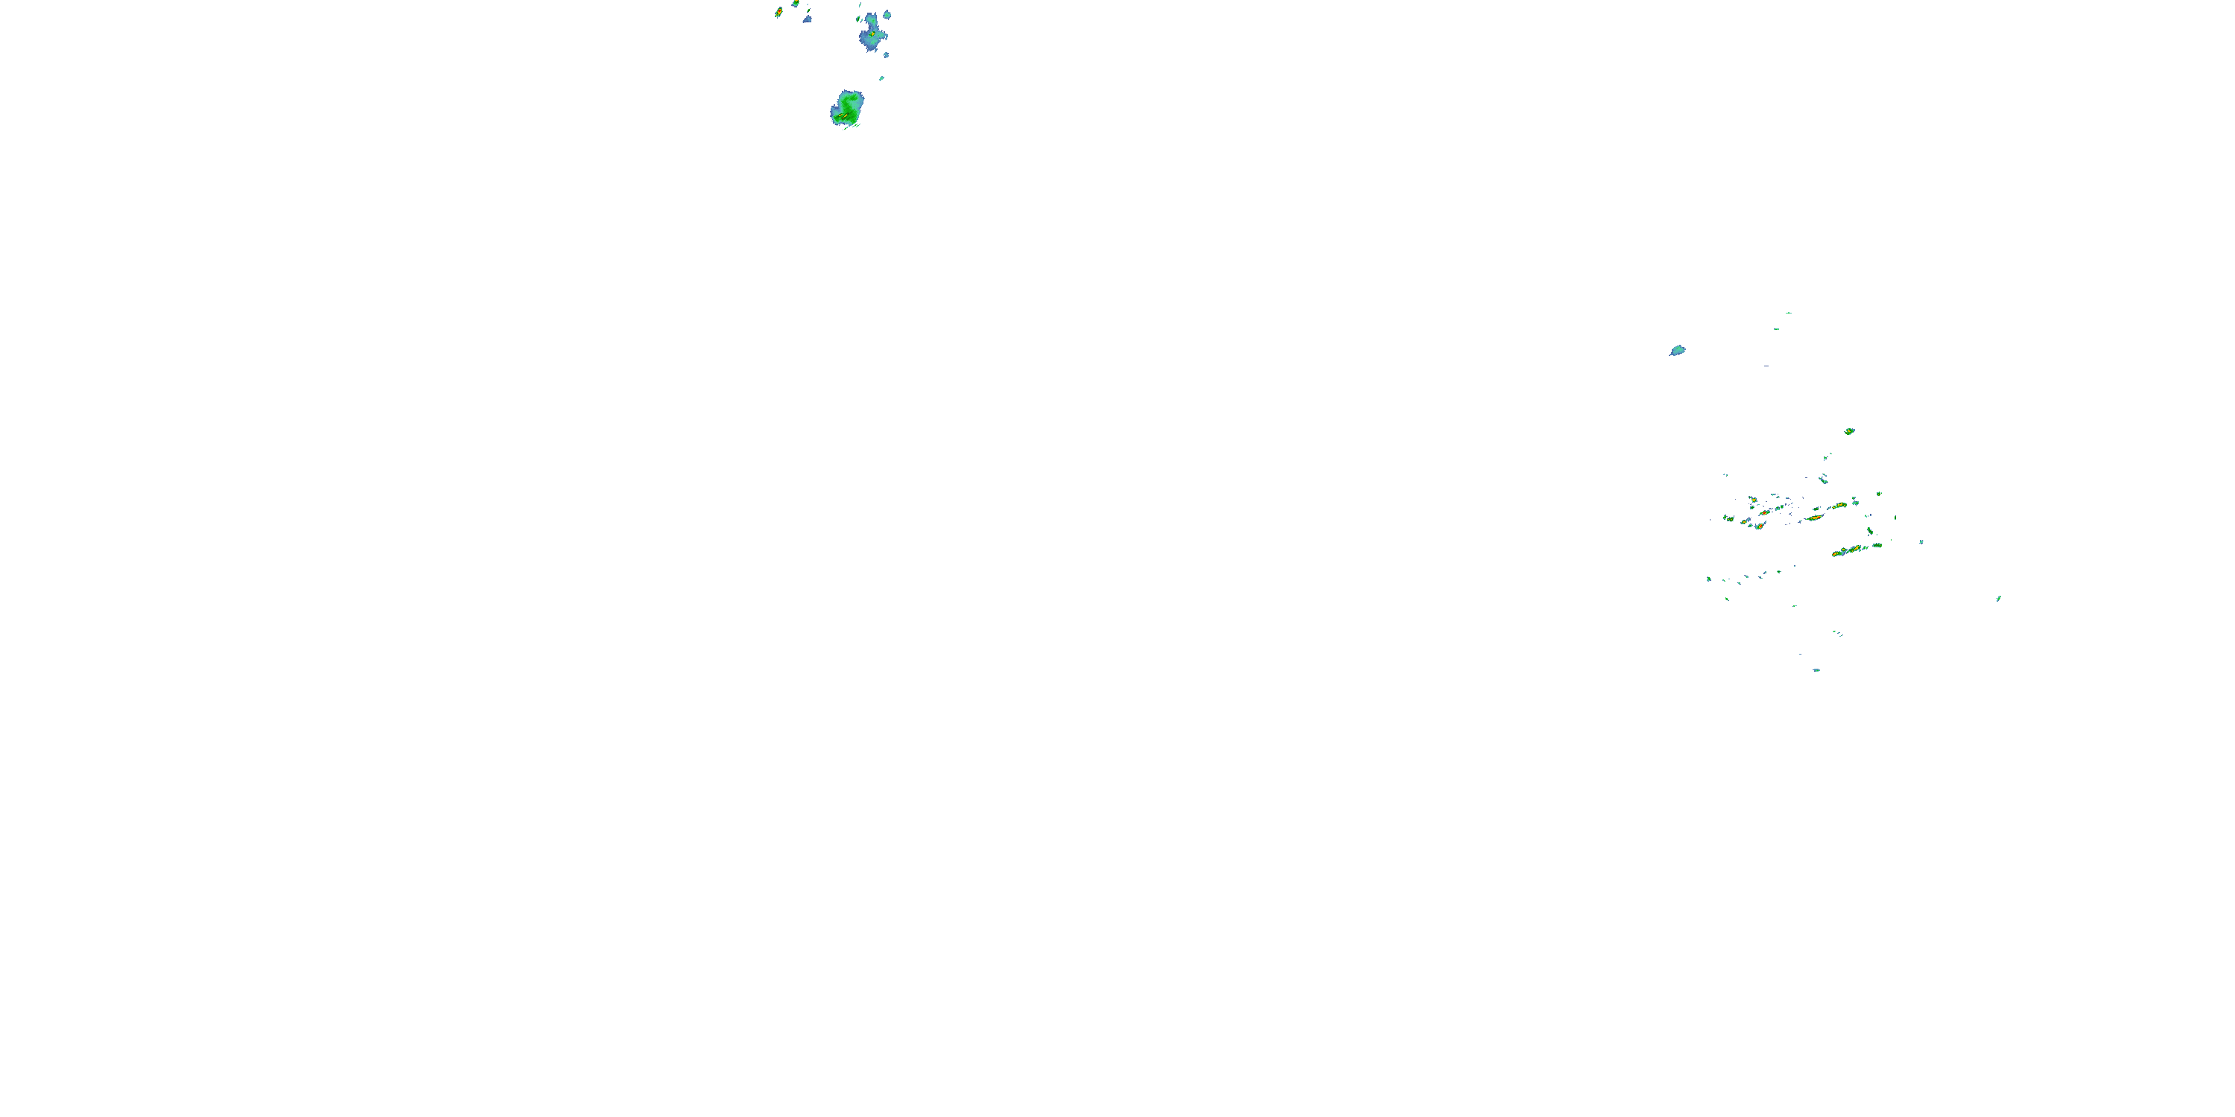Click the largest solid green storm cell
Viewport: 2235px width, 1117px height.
tap(847, 107)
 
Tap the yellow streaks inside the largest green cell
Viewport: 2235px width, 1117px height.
tap(843, 115)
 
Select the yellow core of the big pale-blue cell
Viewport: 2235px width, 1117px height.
tap(871, 35)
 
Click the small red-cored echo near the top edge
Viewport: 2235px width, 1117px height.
tap(779, 12)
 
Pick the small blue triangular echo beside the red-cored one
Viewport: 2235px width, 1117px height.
tap(807, 18)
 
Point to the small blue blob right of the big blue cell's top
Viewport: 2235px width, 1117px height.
tap(886, 15)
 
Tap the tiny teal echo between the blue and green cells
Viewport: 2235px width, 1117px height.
tap(881, 78)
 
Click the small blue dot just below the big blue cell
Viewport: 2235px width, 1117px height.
tap(886, 54)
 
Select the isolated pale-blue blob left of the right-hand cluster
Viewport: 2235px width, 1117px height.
tap(1677, 350)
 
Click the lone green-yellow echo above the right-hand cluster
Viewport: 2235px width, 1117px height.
tap(1849, 431)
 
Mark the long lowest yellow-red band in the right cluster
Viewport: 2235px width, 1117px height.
tap(1852, 550)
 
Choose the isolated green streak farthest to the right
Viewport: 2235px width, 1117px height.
tap(1998, 599)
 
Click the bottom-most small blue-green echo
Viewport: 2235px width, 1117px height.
tap(1816, 669)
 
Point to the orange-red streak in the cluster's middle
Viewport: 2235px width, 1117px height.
tap(1813, 518)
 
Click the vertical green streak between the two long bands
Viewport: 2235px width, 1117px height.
tap(1870, 532)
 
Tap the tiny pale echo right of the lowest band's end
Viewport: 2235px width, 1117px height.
tap(1921, 542)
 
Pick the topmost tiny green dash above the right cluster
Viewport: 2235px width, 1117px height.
tap(1788, 313)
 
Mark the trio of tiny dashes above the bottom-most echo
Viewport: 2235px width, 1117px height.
tap(1836, 633)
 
